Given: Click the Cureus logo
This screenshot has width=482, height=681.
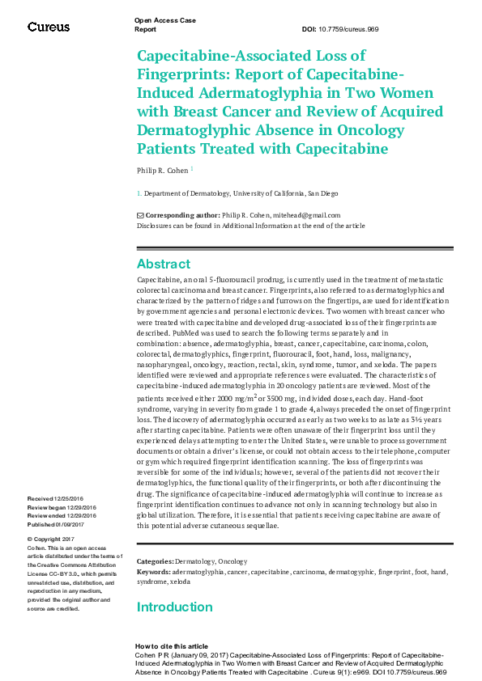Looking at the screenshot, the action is click(49, 27).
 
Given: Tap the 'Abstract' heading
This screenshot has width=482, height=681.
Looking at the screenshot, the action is click(164, 264).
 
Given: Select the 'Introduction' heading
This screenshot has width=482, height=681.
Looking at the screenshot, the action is click(174, 607).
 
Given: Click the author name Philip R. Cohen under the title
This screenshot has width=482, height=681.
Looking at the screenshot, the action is click(162, 170).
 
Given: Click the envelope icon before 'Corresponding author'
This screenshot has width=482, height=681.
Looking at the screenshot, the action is click(140, 215).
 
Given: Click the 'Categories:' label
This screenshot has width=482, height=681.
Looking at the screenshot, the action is click(155, 561).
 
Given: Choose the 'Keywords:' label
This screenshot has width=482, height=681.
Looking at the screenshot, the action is click(153, 572).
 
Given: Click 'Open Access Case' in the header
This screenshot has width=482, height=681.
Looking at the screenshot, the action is click(164, 19).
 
